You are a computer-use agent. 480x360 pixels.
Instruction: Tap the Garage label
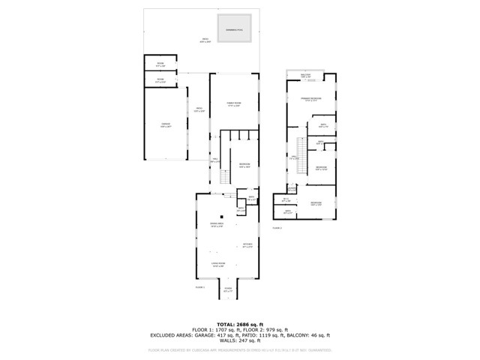point(165,124)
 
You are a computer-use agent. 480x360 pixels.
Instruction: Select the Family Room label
point(235,103)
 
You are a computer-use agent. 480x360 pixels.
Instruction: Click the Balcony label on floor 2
point(305,76)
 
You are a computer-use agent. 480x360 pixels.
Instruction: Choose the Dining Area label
point(216,226)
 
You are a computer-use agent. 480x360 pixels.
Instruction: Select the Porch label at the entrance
point(228,290)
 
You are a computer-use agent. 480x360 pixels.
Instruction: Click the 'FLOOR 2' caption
point(277,227)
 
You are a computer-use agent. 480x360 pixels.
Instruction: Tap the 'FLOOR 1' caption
point(200,287)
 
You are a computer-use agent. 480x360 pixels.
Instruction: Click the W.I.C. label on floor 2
point(286,200)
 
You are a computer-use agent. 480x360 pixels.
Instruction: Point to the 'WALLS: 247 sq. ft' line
point(239,341)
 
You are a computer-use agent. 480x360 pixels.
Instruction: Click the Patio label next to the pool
point(205,40)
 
